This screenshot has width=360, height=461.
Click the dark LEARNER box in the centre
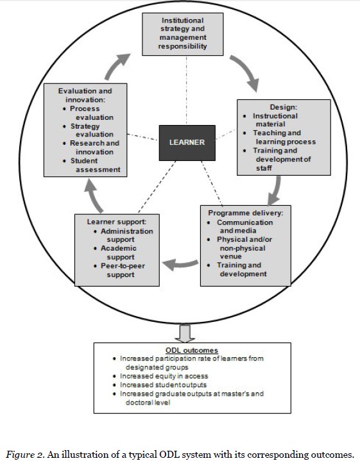coord(186,142)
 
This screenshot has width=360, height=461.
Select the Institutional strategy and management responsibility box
coord(184,34)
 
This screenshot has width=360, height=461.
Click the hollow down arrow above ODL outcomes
coord(185,333)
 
